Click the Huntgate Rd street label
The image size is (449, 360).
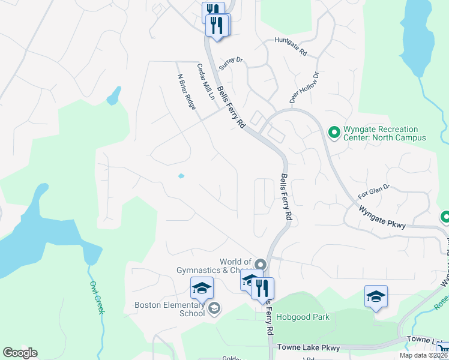291,47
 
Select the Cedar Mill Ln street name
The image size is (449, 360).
206,82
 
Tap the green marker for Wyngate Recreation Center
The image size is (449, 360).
334,130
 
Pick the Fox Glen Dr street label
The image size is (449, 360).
373,191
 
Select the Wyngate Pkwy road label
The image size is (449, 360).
383,217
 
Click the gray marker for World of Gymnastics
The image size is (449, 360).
260,264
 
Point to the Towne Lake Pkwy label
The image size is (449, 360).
307,347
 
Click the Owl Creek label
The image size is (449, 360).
97,298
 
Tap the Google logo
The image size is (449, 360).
20,353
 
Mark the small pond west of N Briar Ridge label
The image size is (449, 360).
113,96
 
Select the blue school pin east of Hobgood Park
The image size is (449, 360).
376,296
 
